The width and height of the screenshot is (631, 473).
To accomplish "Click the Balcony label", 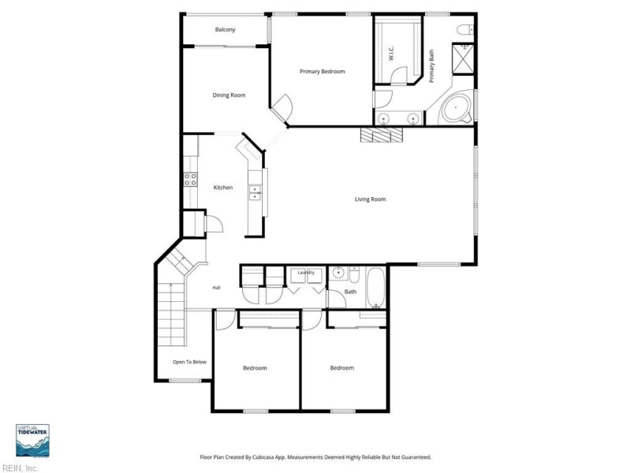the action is click(225, 29).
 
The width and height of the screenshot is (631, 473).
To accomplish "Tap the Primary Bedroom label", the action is click(323, 71).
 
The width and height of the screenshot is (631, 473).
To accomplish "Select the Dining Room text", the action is click(229, 95).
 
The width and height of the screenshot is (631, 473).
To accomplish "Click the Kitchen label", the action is click(223, 188).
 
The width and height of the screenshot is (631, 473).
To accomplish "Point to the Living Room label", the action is click(370, 199).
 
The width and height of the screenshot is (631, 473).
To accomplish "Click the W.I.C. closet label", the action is click(391, 54).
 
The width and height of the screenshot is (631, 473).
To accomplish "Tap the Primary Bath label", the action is click(431, 66).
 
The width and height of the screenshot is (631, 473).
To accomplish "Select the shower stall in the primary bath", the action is click(463, 58).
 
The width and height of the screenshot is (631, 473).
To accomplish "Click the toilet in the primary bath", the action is click(465, 29).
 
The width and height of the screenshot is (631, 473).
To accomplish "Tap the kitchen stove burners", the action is click(190, 180).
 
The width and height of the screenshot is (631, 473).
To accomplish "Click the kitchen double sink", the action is click(255, 192).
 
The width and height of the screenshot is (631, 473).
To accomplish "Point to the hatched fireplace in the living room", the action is click(382, 135).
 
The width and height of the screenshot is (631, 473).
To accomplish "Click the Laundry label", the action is click(306, 273).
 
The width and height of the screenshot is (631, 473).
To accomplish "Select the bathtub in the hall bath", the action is click(376, 288).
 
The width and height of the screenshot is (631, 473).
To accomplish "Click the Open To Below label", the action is click(189, 362).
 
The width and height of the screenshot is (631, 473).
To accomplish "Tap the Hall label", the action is click(216, 288).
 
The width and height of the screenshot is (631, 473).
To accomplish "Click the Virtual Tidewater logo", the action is click(32, 441).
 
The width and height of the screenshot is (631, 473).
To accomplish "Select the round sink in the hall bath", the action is click(339, 274).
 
